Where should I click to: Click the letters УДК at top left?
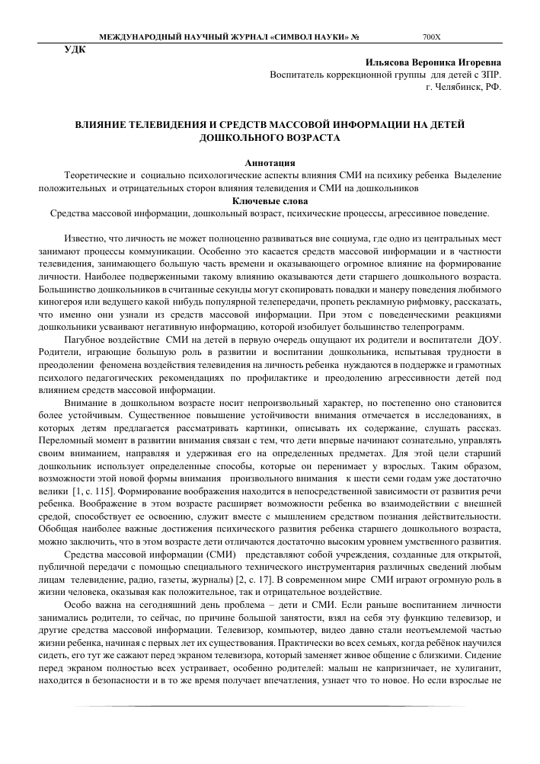tap(75, 50)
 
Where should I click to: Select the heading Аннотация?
tap(270, 163)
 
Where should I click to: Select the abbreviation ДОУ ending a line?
tap(490, 338)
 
